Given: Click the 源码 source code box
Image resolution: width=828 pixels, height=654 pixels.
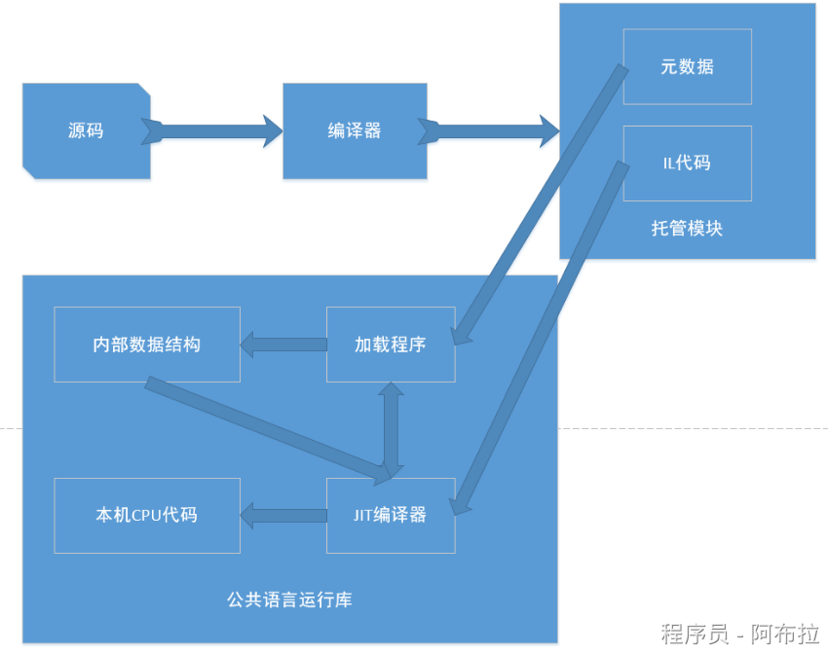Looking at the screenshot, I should coord(86,130).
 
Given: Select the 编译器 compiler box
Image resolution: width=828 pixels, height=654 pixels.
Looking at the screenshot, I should coord(355,130).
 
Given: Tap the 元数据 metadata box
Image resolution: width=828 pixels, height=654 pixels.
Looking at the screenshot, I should coord(687,66).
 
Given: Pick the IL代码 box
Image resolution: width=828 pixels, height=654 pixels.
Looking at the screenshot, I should coord(687,163).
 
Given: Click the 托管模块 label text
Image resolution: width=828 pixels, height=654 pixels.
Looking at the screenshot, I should coord(687,229).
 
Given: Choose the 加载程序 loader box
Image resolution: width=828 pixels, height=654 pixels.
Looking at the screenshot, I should coord(391,345).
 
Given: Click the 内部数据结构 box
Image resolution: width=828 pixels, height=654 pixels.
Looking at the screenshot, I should coord(147,345).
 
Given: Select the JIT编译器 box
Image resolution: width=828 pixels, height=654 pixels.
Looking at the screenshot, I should coord(391,515).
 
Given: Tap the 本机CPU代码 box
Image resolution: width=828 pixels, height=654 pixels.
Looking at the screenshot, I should coord(147,515).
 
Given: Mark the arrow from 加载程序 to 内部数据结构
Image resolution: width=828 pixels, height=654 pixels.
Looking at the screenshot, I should coord(283,344).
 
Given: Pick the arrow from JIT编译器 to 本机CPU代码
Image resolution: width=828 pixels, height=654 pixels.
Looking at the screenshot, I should coord(283,515).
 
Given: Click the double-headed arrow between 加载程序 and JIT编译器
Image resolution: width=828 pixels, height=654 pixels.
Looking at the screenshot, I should coord(391,428).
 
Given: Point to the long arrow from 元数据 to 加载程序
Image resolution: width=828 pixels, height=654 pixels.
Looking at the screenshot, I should coord(541,204).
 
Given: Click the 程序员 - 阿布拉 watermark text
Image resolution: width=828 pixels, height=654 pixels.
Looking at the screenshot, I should coord(739,634).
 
